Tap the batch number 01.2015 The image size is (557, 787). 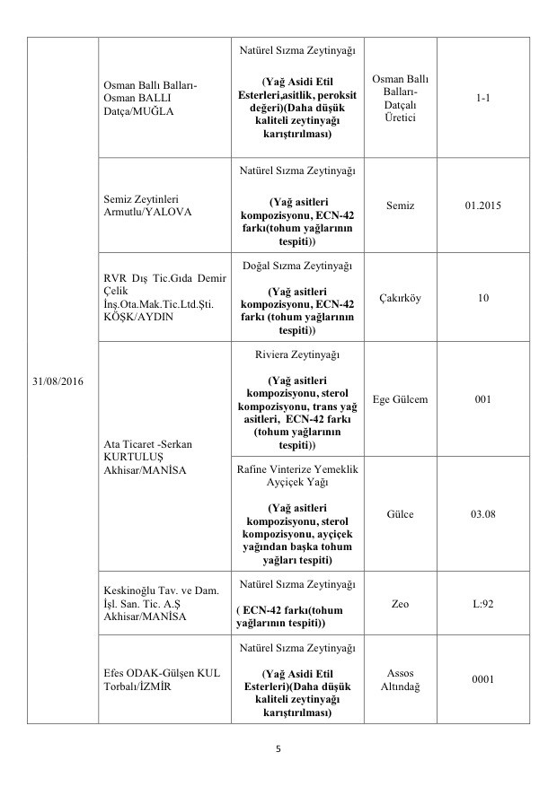click(x=483, y=205)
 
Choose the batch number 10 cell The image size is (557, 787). click(x=483, y=297)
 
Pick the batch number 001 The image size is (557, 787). click(x=483, y=398)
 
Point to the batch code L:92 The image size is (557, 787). click(x=483, y=604)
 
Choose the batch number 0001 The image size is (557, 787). click(x=483, y=678)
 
